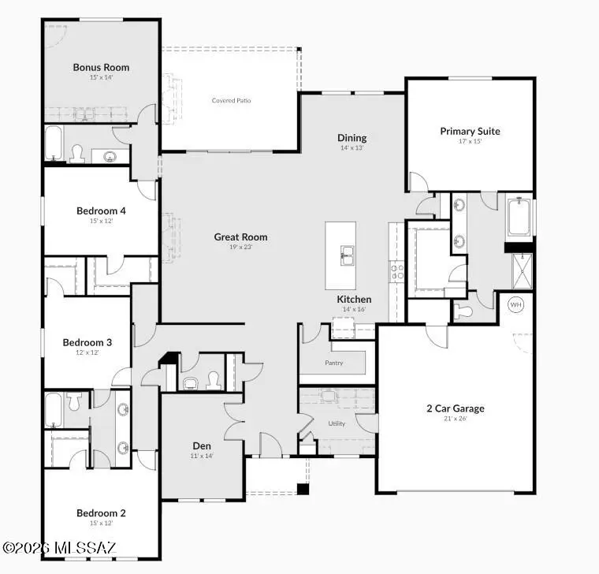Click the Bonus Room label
101,67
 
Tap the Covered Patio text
232,100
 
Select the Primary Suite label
470,131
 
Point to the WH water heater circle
516,304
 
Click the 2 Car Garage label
456,408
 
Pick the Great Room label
240,237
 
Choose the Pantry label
333,363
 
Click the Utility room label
337,423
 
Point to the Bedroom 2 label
101,512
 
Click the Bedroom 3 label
87,342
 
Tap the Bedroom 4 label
101,211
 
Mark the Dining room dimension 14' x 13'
352,148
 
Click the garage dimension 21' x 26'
456,419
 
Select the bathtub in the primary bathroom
519,218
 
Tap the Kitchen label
354,300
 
